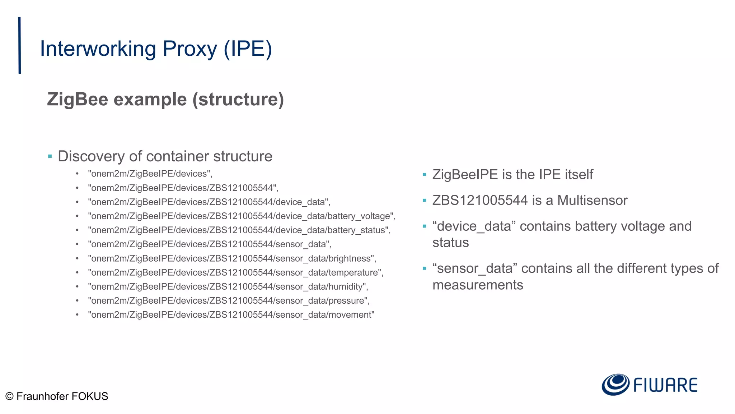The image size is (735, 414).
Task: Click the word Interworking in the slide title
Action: pos(98,49)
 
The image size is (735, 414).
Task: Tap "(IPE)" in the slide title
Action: pos(248,49)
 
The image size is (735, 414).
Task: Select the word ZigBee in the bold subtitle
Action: pos(78,99)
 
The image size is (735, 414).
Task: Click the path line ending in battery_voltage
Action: pos(242,216)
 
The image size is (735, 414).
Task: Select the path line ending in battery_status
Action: pos(239,230)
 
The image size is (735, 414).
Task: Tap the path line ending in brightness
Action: pos(232,258)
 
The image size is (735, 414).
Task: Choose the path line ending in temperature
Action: pos(235,272)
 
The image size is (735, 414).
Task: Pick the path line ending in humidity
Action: pos(228,286)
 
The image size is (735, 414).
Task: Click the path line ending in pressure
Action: pos(229,300)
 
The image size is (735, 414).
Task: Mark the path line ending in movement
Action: pos(231,315)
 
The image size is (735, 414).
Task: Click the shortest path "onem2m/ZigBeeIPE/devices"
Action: pos(150,174)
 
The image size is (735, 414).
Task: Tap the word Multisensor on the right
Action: pos(592,200)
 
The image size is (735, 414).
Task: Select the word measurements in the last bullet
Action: pos(478,285)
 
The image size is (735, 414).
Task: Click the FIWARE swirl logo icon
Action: pos(615,385)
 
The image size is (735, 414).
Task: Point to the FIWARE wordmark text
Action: pos(665,385)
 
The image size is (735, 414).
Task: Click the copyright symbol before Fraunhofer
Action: pos(10,396)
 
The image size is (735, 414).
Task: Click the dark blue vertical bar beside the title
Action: pos(19,45)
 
